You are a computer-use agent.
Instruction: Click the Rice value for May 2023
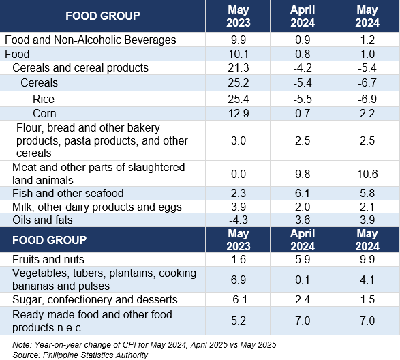click(239, 99)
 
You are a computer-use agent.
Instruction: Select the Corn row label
click(44, 114)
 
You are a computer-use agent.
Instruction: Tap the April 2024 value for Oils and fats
click(303, 220)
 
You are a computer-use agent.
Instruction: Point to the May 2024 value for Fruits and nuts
click(367, 259)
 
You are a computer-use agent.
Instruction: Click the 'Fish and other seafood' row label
click(68, 193)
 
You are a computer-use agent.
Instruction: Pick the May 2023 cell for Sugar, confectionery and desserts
click(239, 299)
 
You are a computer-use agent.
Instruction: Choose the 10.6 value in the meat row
click(367, 174)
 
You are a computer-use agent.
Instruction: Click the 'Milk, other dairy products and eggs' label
click(97, 207)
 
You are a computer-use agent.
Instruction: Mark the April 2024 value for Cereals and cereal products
click(303, 68)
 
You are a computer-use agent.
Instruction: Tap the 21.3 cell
click(239, 68)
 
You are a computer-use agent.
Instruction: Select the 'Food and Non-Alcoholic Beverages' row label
click(91, 40)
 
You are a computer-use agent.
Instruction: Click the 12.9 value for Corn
click(239, 114)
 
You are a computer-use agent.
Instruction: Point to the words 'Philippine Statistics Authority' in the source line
click(95, 355)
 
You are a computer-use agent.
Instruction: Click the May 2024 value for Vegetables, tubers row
click(367, 280)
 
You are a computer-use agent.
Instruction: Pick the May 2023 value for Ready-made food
click(239, 320)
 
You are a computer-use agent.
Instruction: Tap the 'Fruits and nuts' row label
click(48, 259)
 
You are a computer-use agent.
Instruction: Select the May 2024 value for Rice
click(367, 99)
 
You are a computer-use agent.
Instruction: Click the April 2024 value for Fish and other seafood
click(303, 193)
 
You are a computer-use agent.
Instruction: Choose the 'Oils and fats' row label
click(42, 220)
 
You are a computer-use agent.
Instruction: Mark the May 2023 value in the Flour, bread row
click(239, 140)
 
